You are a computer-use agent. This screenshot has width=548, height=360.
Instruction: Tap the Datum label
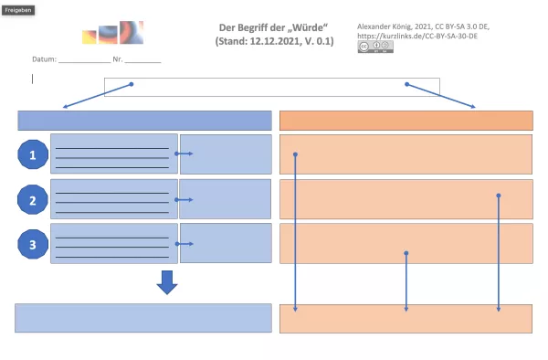43,59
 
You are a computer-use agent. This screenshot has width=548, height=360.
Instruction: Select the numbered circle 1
34,156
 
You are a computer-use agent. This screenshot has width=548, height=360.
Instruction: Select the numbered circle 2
34,201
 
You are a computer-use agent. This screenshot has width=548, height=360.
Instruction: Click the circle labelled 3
34,245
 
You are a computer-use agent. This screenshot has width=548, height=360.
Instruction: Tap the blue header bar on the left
144,121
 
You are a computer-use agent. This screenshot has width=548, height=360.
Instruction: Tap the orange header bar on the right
406,121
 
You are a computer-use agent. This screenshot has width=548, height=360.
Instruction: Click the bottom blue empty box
144,317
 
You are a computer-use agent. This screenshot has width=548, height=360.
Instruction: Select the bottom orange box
406,318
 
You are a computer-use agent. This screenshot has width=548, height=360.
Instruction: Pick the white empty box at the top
271,86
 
